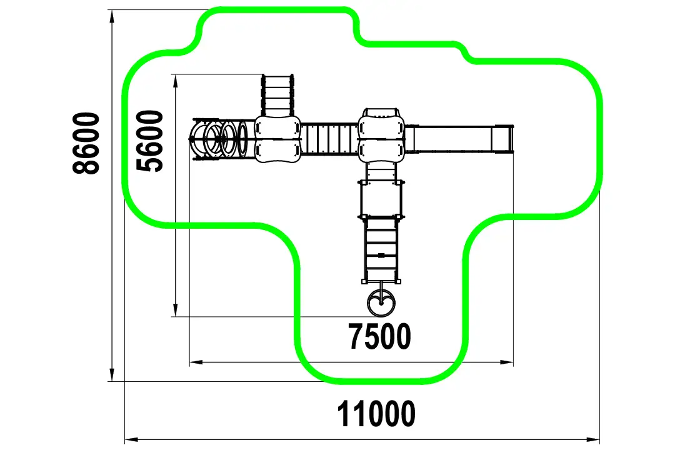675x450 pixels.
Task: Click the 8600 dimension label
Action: coord(86,143)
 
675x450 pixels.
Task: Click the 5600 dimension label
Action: coord(149,141)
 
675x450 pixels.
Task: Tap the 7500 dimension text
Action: coord(380,336)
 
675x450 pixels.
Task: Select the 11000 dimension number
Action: coord(376,413)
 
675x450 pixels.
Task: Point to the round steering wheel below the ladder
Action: coord(381,301)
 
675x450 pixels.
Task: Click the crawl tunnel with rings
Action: coord(222,139)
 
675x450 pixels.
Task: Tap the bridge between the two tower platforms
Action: coord(329,139)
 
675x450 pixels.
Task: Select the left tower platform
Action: coord(277,139)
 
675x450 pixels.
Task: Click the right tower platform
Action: coord(381,135)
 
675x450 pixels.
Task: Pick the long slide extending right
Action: coord(459,139)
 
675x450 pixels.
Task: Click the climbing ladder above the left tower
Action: coord(277,95)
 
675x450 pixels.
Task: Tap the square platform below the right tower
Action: coord(381,199)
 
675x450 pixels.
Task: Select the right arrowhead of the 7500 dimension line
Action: coord(506,362)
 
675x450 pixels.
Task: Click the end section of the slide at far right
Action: coord(502,139)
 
